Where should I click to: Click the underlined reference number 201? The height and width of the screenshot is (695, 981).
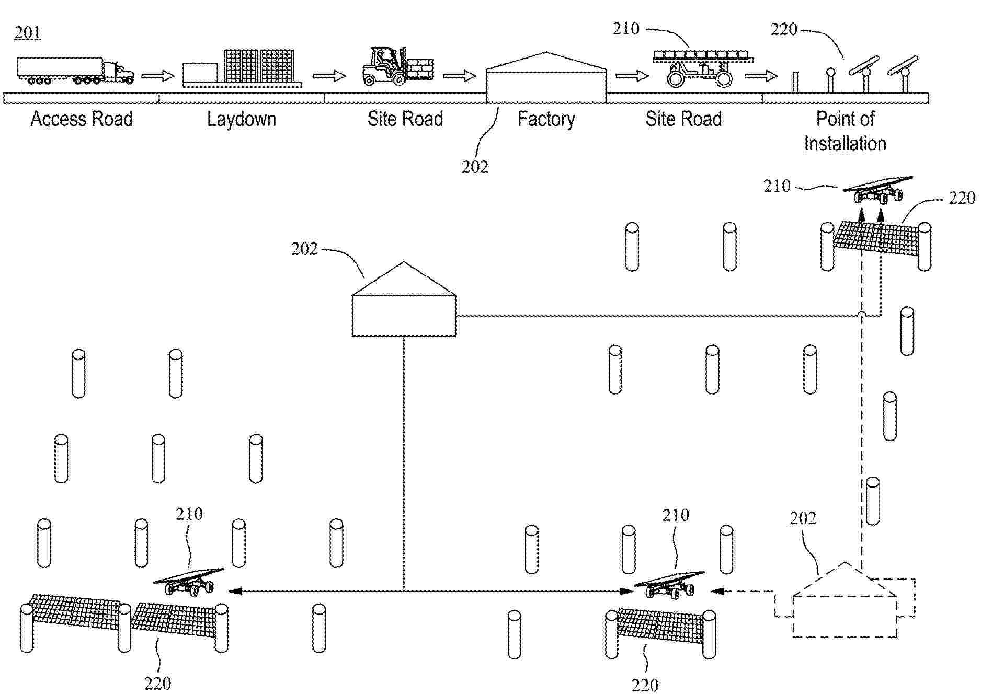click(x=27, y=33)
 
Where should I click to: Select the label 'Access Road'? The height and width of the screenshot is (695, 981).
click(x=82, y=119)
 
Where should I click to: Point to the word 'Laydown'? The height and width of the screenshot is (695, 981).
click(x=241, y=119)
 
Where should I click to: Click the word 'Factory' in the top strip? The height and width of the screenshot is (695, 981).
click(x=546, y=119)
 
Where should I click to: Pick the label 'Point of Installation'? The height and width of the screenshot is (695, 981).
click(x=845, y=131)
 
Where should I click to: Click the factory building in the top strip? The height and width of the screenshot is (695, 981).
click(x=546, y=78)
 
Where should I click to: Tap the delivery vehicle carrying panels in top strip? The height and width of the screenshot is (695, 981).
click(x=701, y=68)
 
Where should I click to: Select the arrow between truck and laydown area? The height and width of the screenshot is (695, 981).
click(x=157, y=76)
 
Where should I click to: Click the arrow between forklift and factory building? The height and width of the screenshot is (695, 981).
click(x=459, y=76)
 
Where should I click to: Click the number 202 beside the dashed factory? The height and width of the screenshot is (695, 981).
click(x=803, y=518)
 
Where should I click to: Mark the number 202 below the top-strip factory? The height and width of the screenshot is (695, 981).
click(x=474, y=167)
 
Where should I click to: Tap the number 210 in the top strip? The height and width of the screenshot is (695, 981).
click(x=626, y=29)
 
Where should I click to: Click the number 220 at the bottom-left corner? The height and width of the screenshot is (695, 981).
click(x=157, y=683)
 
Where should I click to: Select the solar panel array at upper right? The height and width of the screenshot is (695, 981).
click(x=876, y=238)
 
